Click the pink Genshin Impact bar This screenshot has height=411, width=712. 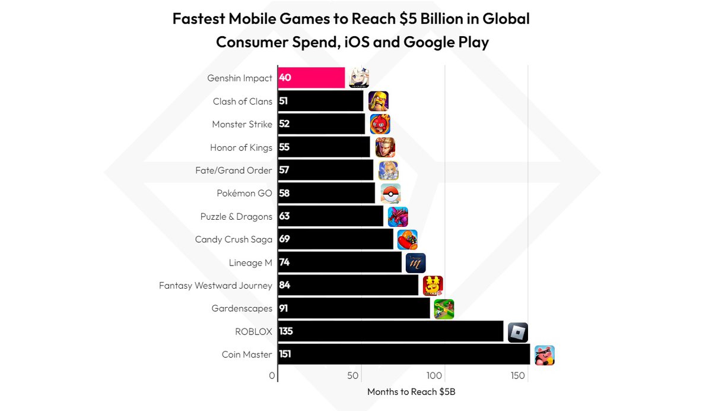coord(311,78)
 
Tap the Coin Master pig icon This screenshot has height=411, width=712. coord(544,355)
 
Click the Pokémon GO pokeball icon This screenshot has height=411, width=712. coord(390,194)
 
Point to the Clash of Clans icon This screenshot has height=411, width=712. coord(378,102)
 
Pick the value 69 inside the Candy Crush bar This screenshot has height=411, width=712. coord(284,239)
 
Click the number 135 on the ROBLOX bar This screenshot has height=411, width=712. coord(286,331)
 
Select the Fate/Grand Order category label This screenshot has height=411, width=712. coord(233,170)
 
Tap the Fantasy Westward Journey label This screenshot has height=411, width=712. coord(215,286)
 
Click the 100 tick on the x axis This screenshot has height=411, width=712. coord(434,375)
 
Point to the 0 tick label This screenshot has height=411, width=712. coord(272,375)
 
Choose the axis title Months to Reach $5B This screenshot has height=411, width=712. coord(411,392)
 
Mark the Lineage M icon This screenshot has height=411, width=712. coord(415,263)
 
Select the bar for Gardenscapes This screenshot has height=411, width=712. coord(354,309)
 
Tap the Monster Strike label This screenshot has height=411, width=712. coord(242,124)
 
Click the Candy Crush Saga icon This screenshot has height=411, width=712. coord(407,240)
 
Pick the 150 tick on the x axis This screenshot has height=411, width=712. coord(517,375)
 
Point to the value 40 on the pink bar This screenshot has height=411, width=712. coord(284,78)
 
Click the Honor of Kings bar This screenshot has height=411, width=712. coord(323,147)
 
